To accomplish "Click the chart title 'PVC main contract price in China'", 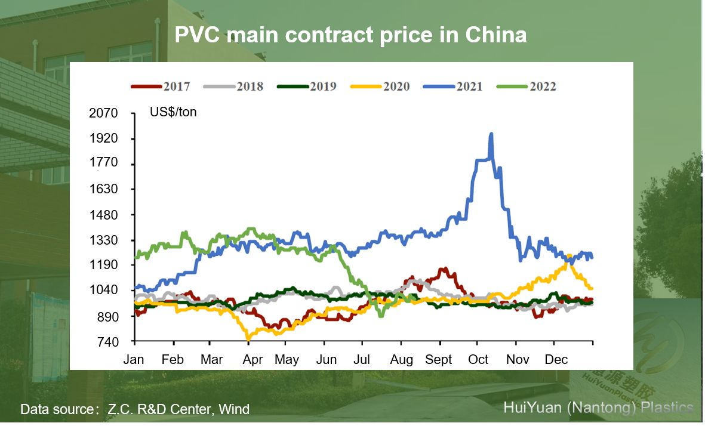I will (x=350, y=35).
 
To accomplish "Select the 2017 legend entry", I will (x=161, y=87).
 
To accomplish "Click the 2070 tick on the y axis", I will (x=103, y=113).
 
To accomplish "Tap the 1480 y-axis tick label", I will (x=103, y=215).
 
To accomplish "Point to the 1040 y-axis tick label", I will (x=103, y=291).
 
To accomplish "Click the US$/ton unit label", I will (x=173, y=112).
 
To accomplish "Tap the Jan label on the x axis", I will (x=134, y=360).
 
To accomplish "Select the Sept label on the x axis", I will (x=439, y=360).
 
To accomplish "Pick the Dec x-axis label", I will (x=556, y=360).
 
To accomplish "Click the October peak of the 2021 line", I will (x=491, y=135).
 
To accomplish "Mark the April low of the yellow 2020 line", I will (x=248, y=338).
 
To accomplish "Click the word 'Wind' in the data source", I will (x=233, y=409).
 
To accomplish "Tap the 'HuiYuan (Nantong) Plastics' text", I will (x=598, y=408).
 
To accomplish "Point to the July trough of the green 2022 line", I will (x=380, y=315).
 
